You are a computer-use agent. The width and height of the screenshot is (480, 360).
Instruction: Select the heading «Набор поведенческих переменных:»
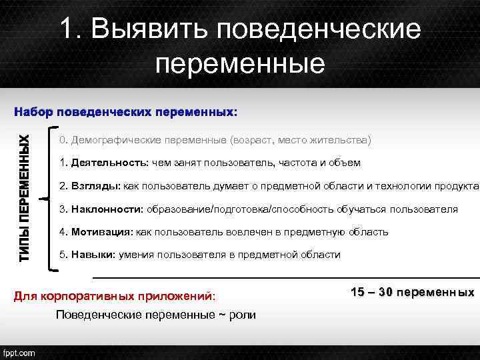[125, 111]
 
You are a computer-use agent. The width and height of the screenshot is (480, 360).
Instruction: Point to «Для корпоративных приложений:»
[115, 295]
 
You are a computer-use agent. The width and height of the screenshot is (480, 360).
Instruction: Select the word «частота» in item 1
[294, 163]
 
